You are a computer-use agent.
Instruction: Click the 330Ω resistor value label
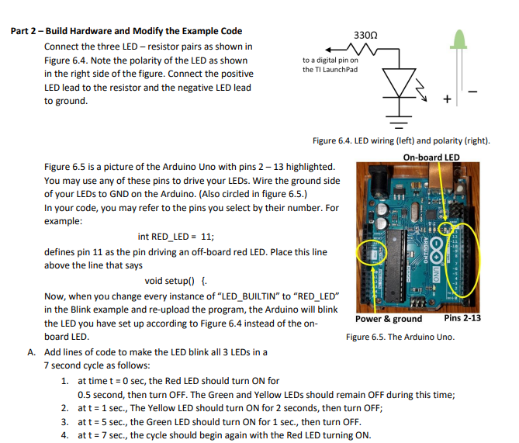click(365, 36)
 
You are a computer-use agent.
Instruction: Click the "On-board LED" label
click(431, 157)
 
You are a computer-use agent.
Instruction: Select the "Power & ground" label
click(389, 318)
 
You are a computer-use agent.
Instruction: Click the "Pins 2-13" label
click(462, 318)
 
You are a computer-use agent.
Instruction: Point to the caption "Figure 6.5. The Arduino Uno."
click(400, 337)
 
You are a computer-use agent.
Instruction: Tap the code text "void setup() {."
click(175, 281)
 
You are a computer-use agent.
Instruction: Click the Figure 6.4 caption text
click(400, 140)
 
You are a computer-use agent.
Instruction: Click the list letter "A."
click(32, 351)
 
